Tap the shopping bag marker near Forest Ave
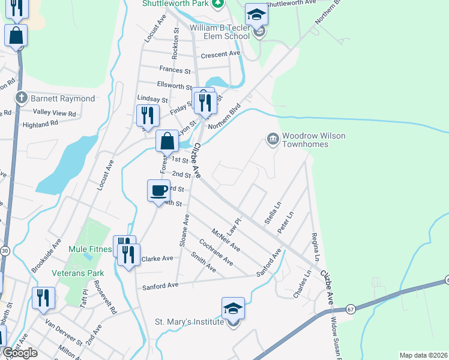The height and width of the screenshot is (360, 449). (167, 142)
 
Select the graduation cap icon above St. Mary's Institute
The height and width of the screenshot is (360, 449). (233, 308)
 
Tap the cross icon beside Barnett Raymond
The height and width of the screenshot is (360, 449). (21, 98)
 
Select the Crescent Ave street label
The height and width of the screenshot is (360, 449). (220, 54)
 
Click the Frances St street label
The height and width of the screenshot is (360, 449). (175, 70)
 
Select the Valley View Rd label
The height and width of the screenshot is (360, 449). (55, 112)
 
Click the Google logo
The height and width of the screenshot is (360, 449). (20, 353)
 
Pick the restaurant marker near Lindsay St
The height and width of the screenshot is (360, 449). (146, 115)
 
